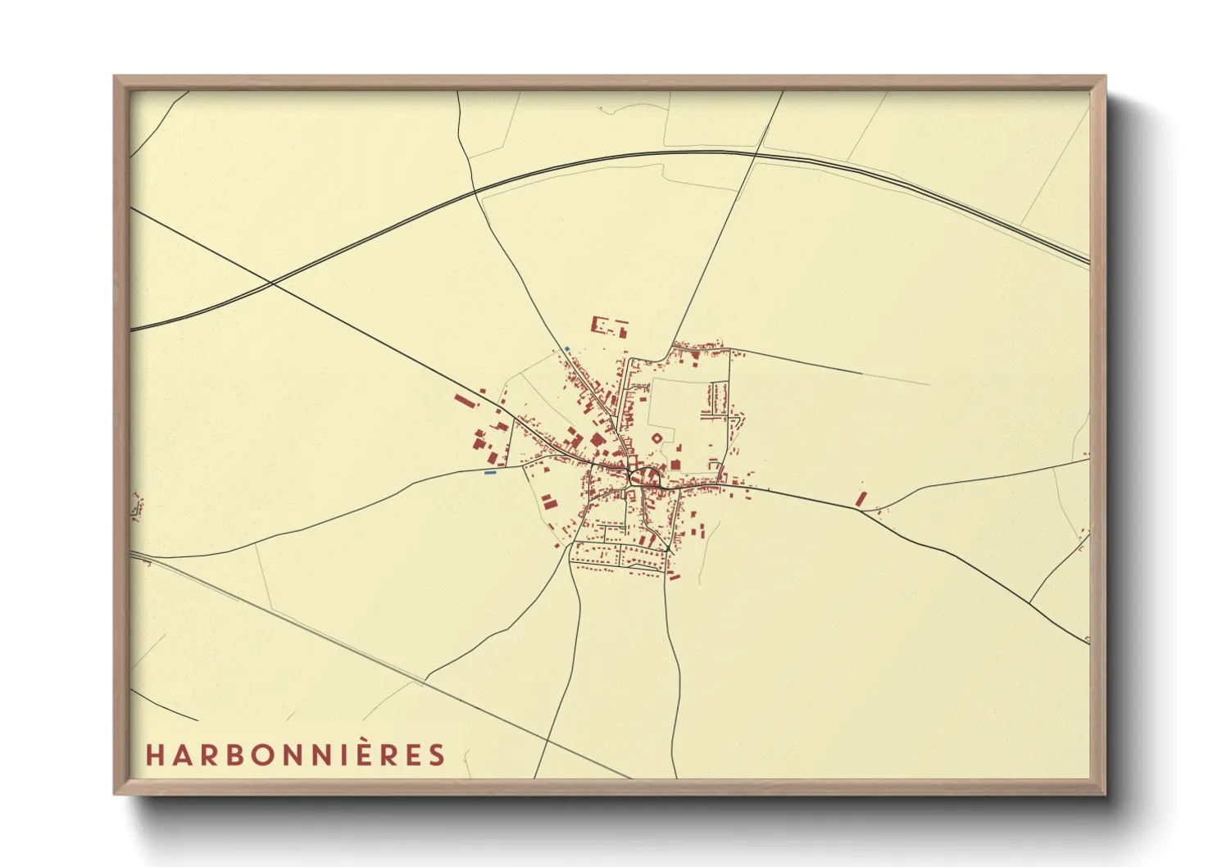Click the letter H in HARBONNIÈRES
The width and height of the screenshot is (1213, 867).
click(154, 755)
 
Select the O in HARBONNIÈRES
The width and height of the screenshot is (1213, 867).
click(260, 755)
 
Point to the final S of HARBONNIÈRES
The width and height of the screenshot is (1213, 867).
click(436, 755)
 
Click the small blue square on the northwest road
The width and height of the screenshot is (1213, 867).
click(566, 350)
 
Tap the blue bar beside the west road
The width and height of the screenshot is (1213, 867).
click(490, 473)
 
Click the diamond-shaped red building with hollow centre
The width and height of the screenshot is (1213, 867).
click(656, 440)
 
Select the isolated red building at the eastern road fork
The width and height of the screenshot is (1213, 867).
click(861, 498)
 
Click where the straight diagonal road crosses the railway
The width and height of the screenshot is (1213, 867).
click(271, 284)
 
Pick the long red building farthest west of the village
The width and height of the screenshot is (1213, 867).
click(465, 401)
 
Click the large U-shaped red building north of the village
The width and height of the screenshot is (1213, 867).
click(609, 326)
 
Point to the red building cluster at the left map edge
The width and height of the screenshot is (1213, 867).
click(137, 506)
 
